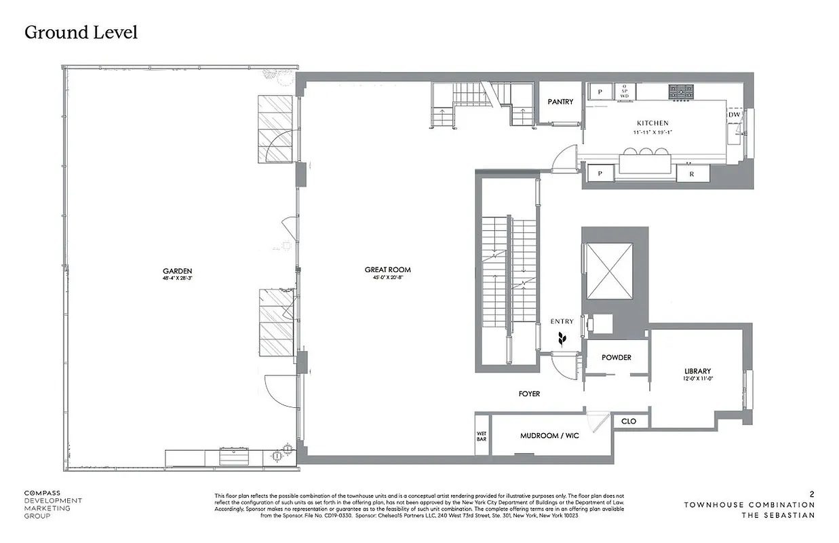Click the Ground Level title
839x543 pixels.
tap(81, 32)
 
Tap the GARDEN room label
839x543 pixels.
tap(178, 270)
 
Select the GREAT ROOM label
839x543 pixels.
tap(387, 270)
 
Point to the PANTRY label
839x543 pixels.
tap(560, 102)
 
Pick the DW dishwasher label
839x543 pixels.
tap(734, 115)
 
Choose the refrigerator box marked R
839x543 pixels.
tap(692, 174)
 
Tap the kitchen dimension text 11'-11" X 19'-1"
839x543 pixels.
tap(652, 132)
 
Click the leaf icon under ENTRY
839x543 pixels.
tap(562, 339)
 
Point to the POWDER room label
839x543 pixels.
tap(616, 358)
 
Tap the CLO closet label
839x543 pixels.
tap(629, 422)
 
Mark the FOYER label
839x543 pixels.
tap(529, 394)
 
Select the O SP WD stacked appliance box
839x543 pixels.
tap(624, 92)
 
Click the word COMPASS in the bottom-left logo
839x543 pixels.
tap(42, 493)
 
